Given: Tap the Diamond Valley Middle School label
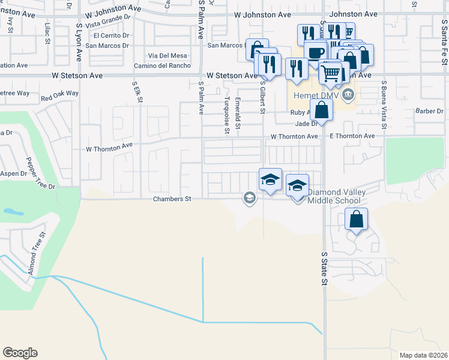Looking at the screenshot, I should coord(334,196).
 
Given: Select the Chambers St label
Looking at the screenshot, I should coord(171,199).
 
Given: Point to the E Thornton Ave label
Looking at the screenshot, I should coord(352,136).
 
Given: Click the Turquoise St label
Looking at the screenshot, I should coord(226,116).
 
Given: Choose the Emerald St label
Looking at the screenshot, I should coord(238,114).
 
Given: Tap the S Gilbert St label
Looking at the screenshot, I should coord(262,98).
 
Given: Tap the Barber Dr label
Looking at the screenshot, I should coord(429,111).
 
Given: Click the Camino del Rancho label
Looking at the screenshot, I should coord(160,65).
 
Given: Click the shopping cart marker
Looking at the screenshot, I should coord(330,73).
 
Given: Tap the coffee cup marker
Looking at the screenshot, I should coord(315,52).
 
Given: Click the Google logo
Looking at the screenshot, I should coord(20,353).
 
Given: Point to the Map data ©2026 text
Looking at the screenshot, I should coord(423,355).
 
